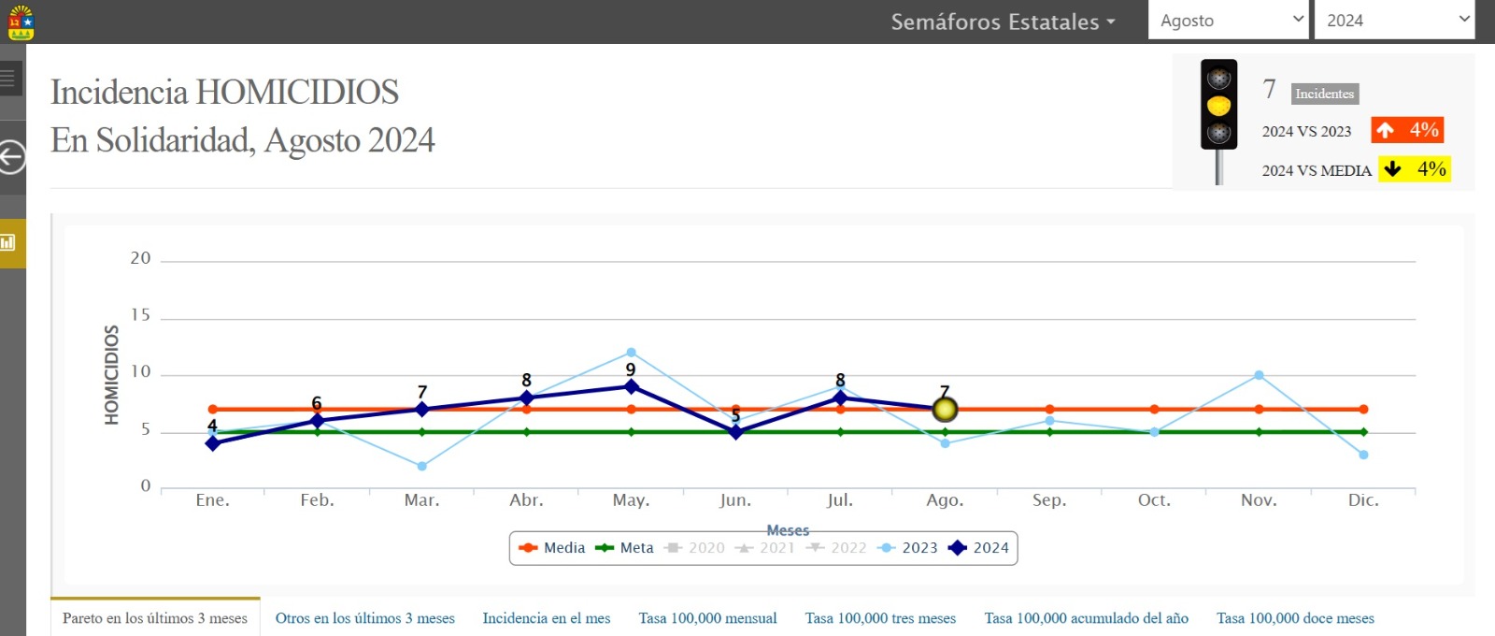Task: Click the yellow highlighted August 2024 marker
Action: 945,409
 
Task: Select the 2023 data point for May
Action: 631,353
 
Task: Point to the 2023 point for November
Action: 1259,375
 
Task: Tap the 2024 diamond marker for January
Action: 213,443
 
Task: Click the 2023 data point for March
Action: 422,466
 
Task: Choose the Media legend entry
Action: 552,548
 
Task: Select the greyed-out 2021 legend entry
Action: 765,548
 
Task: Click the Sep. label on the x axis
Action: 1048,500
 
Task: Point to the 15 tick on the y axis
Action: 140,315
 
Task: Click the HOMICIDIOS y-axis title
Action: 112,375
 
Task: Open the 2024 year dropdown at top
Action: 1393,21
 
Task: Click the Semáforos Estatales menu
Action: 1003,22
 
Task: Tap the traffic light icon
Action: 1218,105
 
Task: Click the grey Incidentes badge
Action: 1324,94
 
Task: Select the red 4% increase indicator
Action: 1407,130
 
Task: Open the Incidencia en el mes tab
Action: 546,618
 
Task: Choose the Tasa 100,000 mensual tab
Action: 707,618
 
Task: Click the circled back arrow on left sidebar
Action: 11,157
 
